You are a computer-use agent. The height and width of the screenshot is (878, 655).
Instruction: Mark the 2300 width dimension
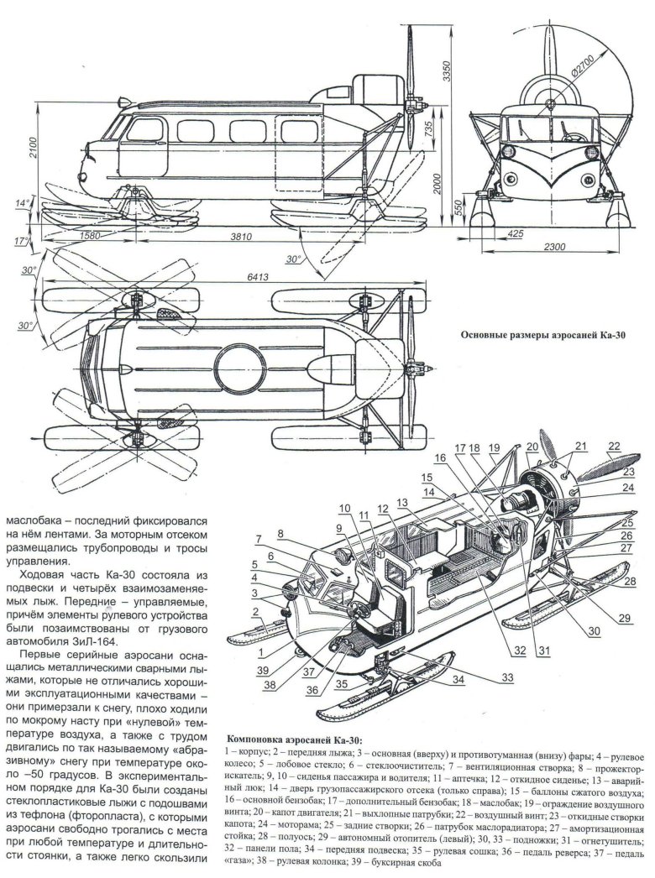click(x=553, y=248)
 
